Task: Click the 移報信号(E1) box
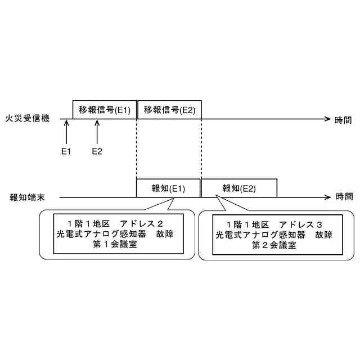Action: tap(105, 110)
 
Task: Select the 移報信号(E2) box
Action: tap(169, 110)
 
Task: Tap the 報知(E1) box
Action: tap(168, 188)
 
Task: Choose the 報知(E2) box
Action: tap(239, 188)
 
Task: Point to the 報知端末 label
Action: tap(28, 197)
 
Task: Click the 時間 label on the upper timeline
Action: tap(344, 119)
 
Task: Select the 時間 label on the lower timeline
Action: tap(344, 197)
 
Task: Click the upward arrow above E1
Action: tap(66, 132)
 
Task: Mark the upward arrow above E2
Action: tap(97, 132)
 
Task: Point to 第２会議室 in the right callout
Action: tap(275, 245)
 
